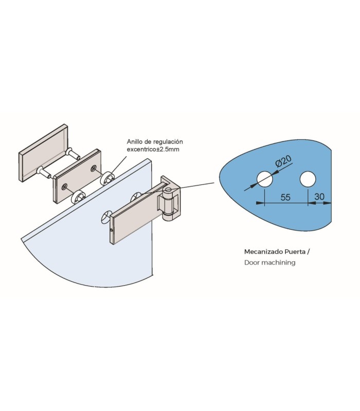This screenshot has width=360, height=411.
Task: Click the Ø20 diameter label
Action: point(283,161)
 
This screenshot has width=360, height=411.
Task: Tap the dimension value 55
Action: point(285,197)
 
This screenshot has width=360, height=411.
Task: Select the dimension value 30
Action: point(319,196)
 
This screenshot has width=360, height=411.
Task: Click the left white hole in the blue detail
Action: point(265,179)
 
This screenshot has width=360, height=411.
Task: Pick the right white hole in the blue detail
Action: point(308,179)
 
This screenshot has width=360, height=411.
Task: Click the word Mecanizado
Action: point(262,252)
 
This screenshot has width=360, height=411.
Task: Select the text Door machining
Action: point(269,263)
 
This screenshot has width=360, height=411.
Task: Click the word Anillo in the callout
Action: point(134,142)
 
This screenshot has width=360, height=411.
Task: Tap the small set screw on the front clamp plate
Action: point(112,230)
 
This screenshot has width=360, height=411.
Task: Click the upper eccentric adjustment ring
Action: point(107,178)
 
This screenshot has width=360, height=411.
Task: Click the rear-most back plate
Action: point(43,153)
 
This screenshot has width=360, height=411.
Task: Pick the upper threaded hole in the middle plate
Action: point(93,169)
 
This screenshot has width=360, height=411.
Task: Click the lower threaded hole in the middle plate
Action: point(63,186)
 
